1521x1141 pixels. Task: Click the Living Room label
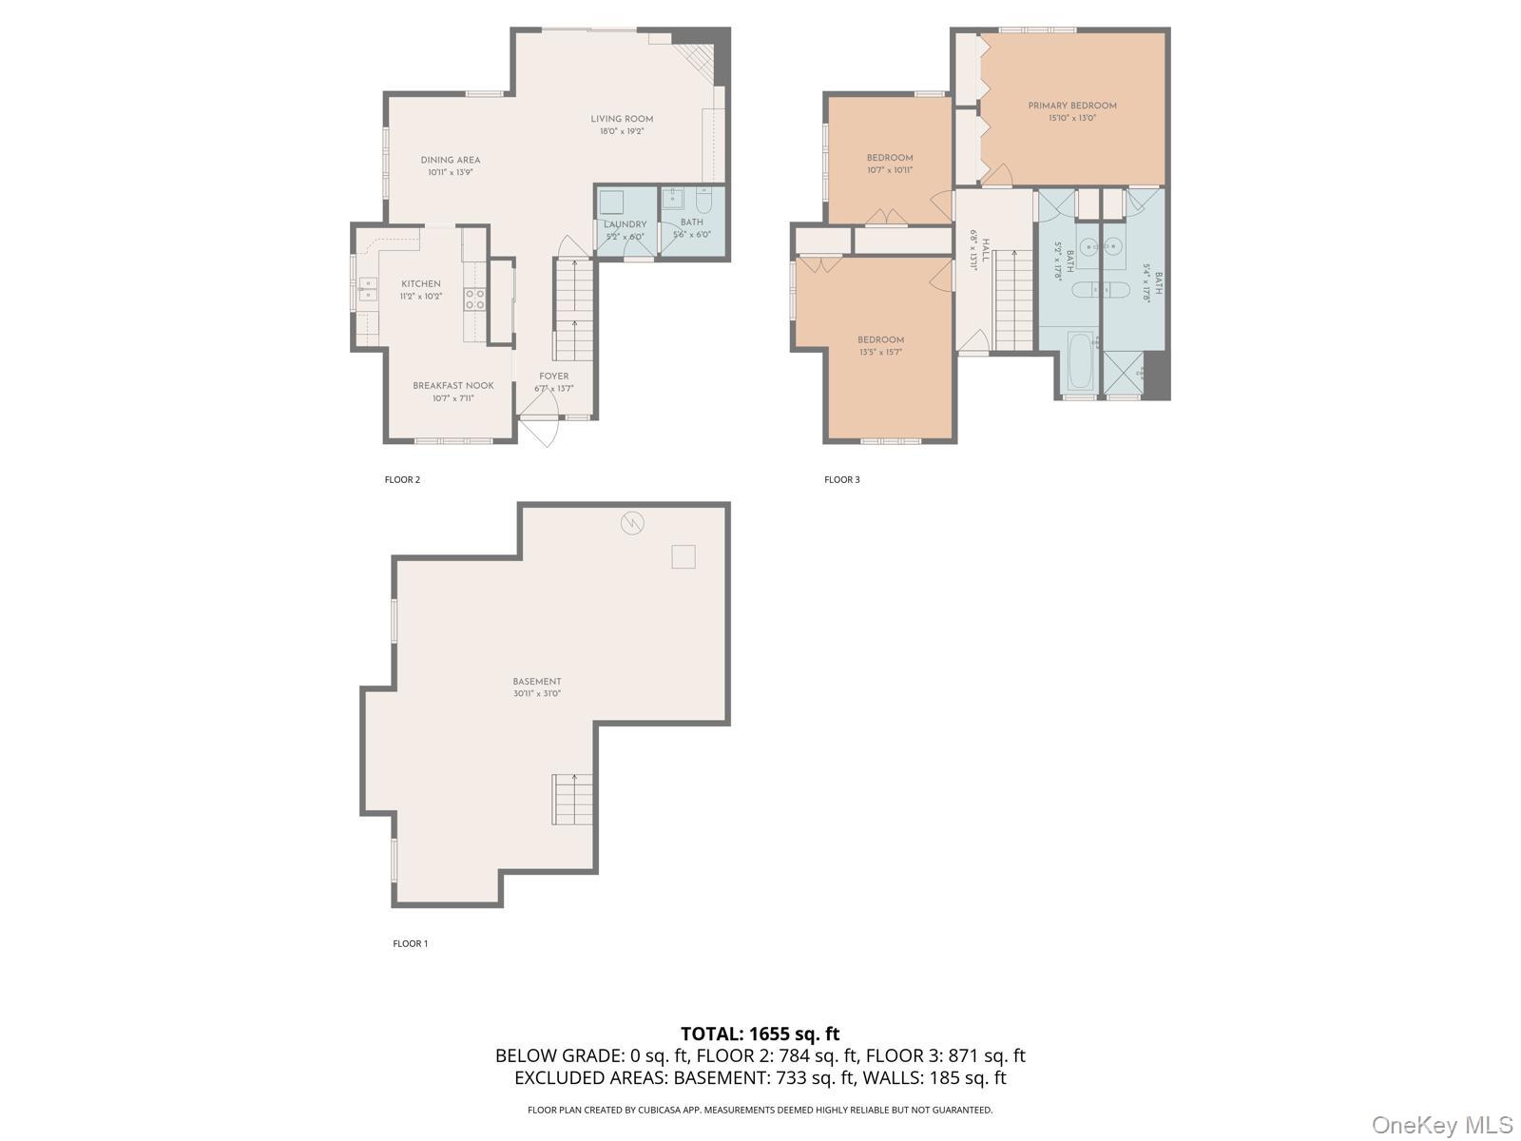pyautogui.click(x=622, y=119)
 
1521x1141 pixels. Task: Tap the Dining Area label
pyautogui.click(x=451, y=160)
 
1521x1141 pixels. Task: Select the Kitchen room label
pyautogui.click(x=420, y=283)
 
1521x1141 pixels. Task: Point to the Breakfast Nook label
pyautogui.click(x=452, y=385)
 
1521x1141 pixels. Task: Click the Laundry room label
pyautogui.click(x=625, y=224)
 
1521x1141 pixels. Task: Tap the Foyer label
pyautogui.click(x=553, y=377)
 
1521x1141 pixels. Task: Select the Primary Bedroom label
pyautogui.click(x=1071, y=106)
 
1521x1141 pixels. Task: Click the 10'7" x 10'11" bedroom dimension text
pyautogui.click(x=889, y=170)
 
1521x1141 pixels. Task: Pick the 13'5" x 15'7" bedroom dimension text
pyautogui.click(x=880, y=352)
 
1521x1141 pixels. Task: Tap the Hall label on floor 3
pyautogui.click(x=986, y=251)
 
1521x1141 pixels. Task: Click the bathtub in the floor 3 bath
pyautogui.click(x=1080, y=361)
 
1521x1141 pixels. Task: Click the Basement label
pyautogui.click(x=537, y=681)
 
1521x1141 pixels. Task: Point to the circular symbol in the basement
pyautogui.click(x=632, y=522)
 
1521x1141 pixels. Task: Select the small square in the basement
pyautogui.click(x=683, y=556)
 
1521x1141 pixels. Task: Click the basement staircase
pyautogui.click(x=572, y=799)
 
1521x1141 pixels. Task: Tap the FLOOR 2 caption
pyautogui.click(x=402, y=479)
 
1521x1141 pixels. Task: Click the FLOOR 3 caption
pyautogui.click(x=841, y=479)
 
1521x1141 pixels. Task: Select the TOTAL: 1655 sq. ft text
pyautogui.click(x=760, y=1034)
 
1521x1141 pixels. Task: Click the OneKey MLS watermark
pyautogui.click(x=1442, y=1125)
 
